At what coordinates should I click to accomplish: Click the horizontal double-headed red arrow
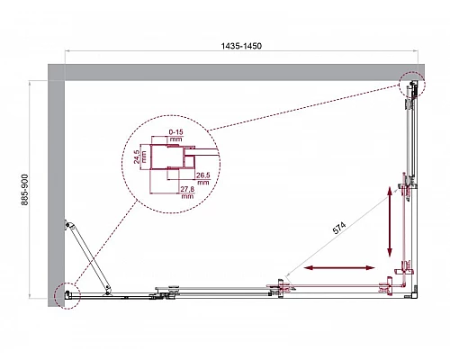point(339,267)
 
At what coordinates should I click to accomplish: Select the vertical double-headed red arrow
point(390,220)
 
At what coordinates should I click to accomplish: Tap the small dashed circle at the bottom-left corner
point(65,296)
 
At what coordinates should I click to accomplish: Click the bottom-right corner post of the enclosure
point(410,290)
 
